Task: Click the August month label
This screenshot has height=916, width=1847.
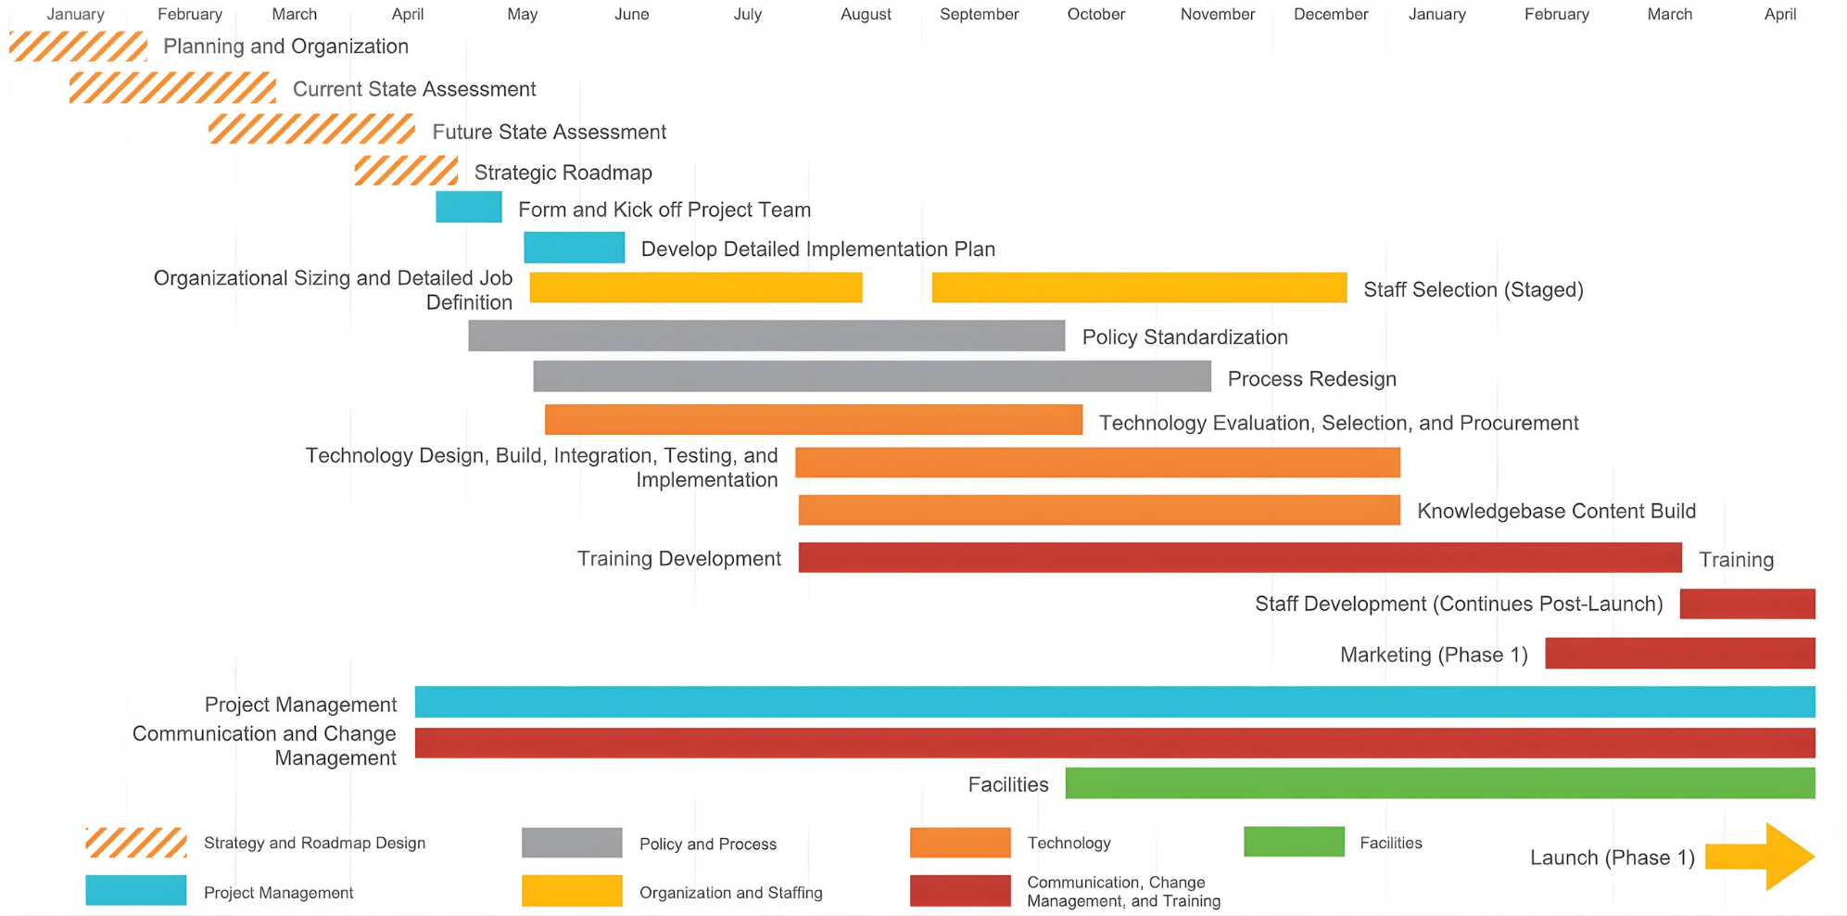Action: (866, 15)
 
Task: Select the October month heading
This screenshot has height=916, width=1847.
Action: (1095, 15)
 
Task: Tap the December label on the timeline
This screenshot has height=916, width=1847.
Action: (1330, 15)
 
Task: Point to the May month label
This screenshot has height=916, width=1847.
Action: (522, 15)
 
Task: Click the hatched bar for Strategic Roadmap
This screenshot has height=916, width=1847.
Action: (406, 171)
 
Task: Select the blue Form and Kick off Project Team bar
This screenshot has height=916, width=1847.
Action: (469, 208)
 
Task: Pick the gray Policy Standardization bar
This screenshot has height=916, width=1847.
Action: (766, 336)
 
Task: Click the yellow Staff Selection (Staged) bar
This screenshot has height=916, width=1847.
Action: (1139, 287)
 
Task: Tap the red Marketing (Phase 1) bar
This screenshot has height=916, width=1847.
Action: (1679, 654)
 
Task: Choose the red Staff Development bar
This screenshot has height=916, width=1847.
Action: (1747, 604)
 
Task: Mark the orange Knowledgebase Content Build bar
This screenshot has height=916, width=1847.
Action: (1099, 510)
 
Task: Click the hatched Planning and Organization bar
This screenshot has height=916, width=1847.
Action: (78, 46)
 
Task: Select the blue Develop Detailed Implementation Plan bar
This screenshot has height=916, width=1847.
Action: (574, 248)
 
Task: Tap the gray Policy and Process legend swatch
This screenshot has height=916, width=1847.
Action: (572, 843)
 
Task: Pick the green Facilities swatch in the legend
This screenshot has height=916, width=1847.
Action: (1294, 842)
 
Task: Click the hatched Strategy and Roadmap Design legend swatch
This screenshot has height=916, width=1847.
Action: (136, 843)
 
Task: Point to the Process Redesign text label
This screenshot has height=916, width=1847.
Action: (1311, 378)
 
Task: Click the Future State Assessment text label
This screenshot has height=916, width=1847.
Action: (549, 132)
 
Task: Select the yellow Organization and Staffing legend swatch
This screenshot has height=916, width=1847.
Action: (572, 891)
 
